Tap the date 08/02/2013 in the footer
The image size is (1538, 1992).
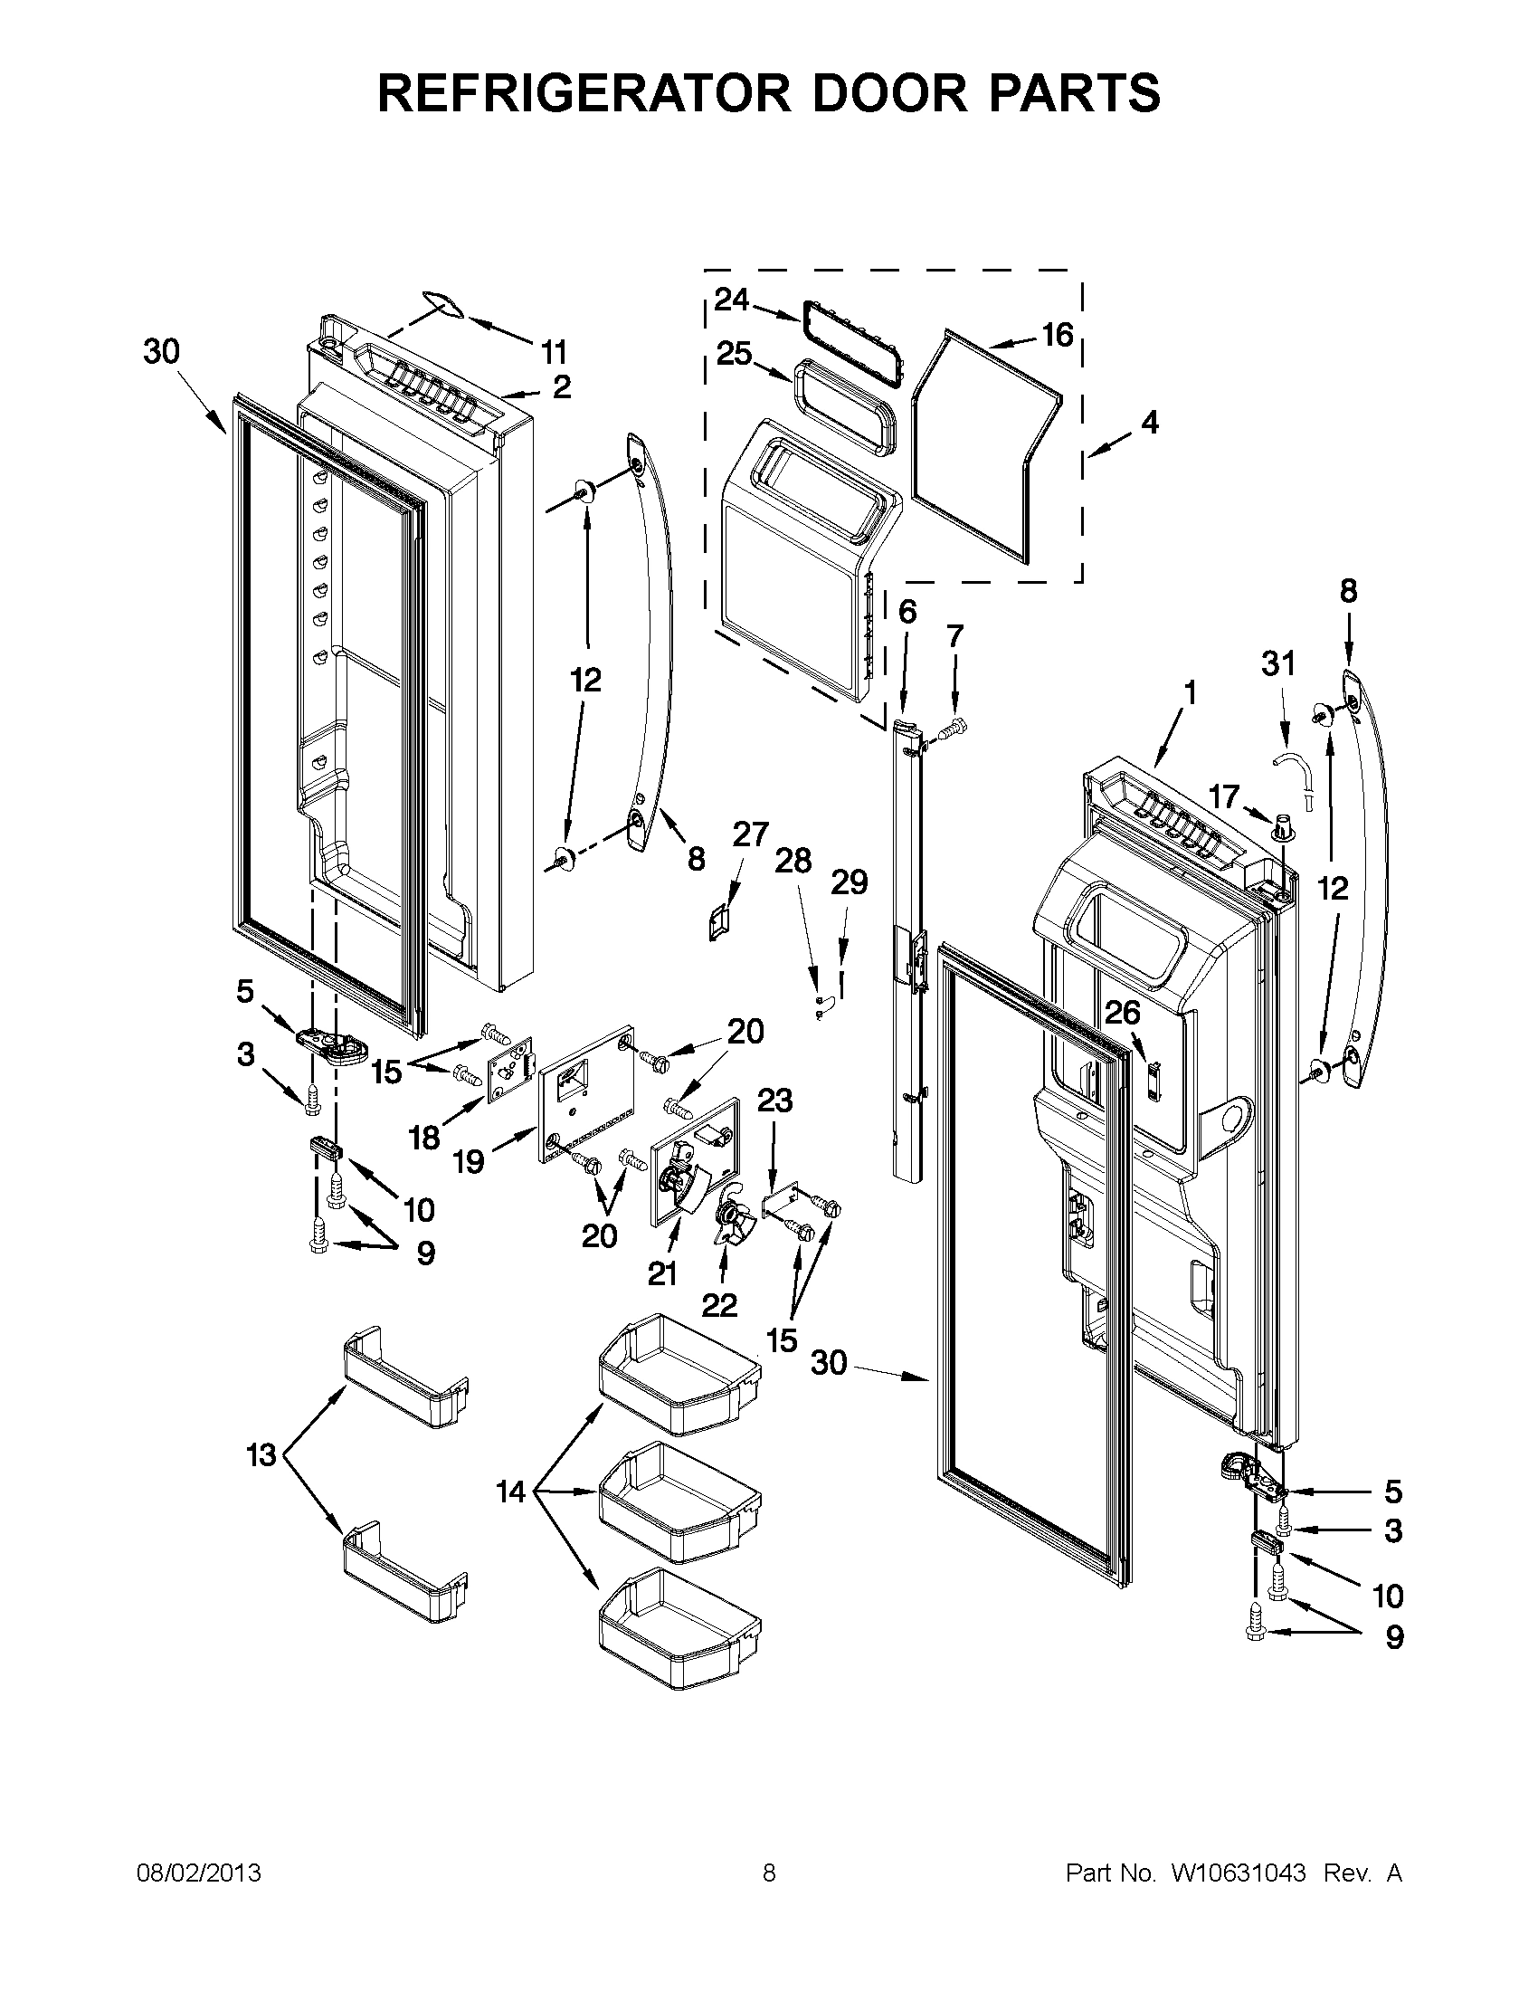click(x=198, y=1873)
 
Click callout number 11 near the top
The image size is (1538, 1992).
click(x=553, y=351)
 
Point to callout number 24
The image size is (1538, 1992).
click(x=731, y=300)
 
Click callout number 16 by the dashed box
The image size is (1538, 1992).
click(x=1057, y=335)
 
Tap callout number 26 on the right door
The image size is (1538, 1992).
click(x=1122, y=1012)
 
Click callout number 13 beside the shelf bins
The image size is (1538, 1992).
click(x=261, y=1454)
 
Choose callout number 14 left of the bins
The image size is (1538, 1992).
click(x=510, y=1492)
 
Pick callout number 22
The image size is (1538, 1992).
click(x=718, y=1305)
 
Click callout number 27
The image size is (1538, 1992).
click(x=750, y=834)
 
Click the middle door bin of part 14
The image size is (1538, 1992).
click(x=679, y=1494)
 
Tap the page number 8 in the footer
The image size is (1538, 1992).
click(x=768, y=1873)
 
